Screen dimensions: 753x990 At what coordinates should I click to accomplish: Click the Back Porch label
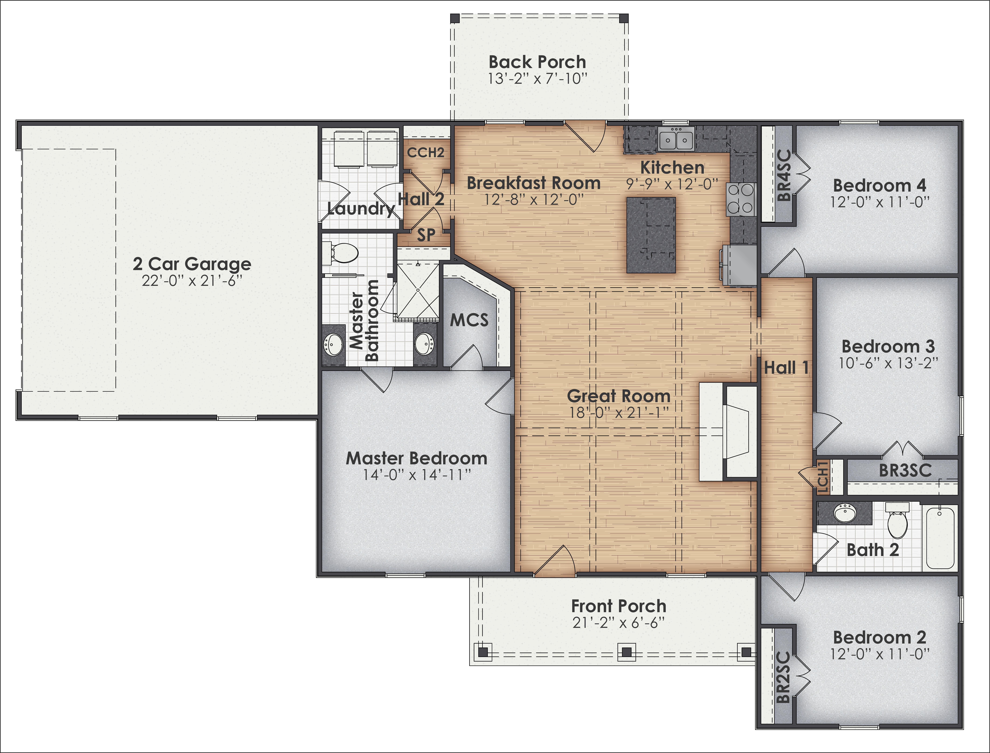537,62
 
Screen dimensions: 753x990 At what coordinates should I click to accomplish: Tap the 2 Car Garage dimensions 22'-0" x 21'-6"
192,281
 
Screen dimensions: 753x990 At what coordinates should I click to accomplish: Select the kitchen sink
676,139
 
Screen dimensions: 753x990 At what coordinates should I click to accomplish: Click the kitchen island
651,235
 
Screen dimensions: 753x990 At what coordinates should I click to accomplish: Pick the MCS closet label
469,320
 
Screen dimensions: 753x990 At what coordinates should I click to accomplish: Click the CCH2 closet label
425,153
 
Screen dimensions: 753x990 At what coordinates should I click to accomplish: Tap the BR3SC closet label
905,471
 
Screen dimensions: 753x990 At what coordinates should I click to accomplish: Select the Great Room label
619,396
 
